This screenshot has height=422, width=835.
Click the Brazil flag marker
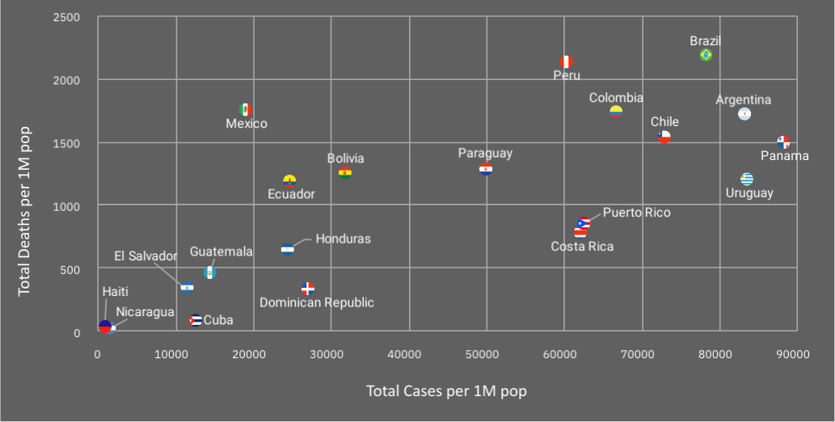[706, 55]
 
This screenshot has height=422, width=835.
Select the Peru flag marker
[566, 62]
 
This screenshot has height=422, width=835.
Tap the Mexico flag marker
[246, 110]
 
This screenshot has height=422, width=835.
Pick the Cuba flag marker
[195, 320]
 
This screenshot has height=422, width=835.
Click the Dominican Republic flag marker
[308, 289]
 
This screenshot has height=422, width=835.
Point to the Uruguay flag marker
[747, 179]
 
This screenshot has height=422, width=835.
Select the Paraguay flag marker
[486, 169]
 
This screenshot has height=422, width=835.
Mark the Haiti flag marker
[104, 327]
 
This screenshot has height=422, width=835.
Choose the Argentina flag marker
[744, 114]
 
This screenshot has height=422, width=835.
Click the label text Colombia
[616, 98]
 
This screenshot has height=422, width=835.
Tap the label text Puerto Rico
[636, 213]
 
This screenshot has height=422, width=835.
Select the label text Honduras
[343, 238]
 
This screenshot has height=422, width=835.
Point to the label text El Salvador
[145, 256]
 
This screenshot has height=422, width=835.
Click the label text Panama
[784, 155]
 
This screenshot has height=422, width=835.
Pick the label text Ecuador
[291, 194]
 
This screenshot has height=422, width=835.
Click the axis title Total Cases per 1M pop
[446, 391]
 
